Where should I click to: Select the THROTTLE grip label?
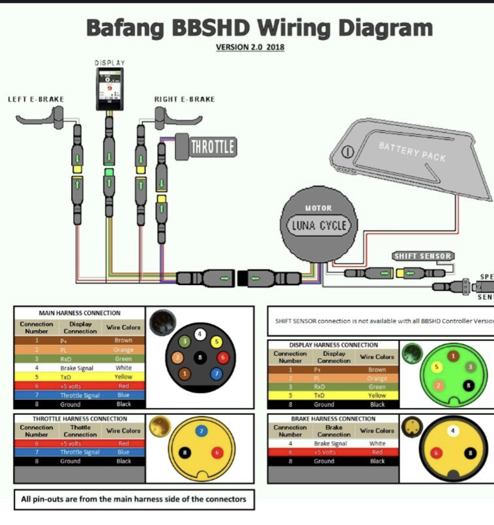[x=212, y=146]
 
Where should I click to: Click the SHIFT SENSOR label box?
[x=422, y=256]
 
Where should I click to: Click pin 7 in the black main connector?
[x=216, y=373]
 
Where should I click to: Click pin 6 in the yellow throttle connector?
[x=216, y=452]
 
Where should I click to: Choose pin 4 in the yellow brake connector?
[x=453, y=430]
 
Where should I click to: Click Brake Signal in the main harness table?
[x=77, y=368]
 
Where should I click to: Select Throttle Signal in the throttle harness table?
[x=80, y=452]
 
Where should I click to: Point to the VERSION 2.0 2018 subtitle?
[x=250, y=48]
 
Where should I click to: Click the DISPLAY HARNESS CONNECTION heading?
[x=333, y=345]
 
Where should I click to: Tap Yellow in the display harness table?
[x=377, y=396]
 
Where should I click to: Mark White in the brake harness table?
[x=377, y=444]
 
